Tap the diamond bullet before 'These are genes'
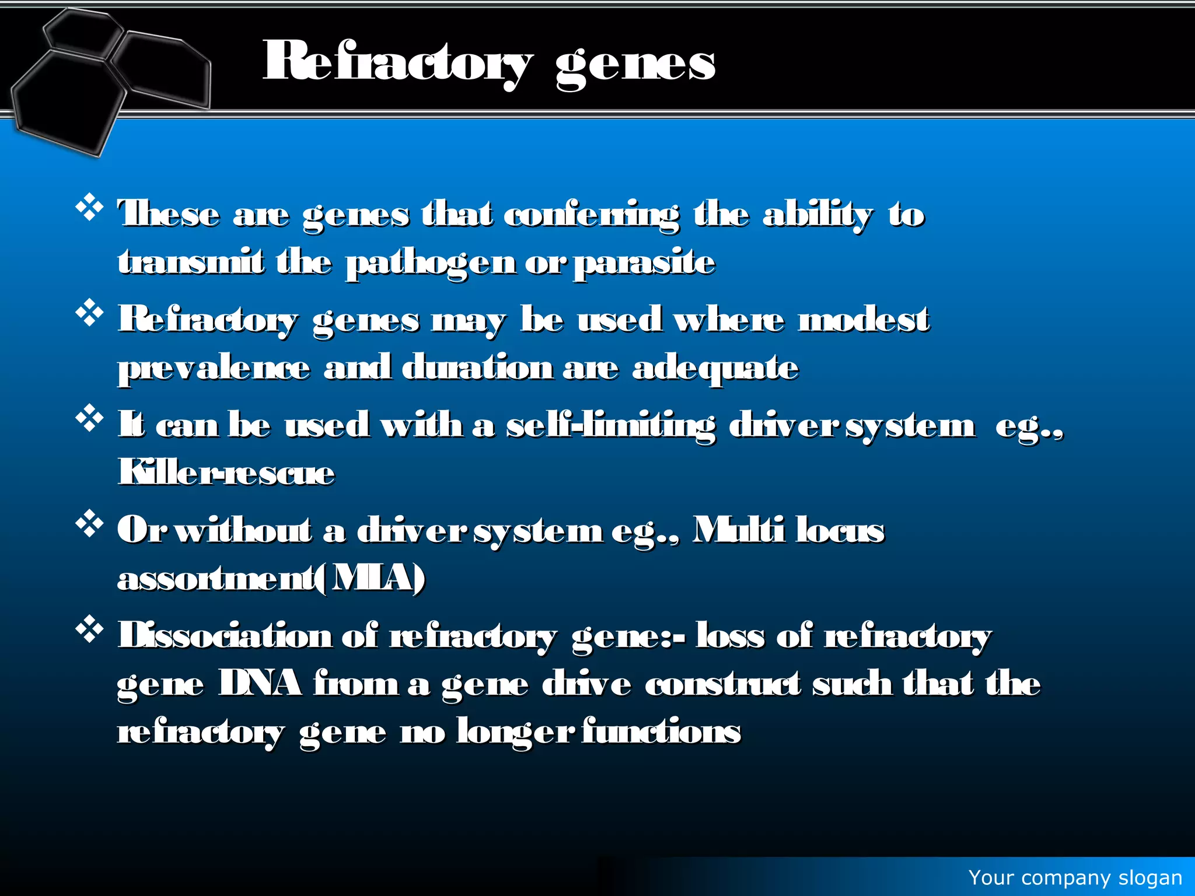pyautogui.click(x=89, y=208)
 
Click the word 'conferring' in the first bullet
pyautogui.click(x=591, y=215)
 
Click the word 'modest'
pyautogui.click(x=864, y=320)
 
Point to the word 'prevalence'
pyautogui.click(x=214, y=369)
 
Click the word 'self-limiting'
pyautogui.click(x=610, y=426)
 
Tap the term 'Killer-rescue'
pyautogui.click(x=226, y=473)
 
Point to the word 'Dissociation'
pyautogui.click(x=225, y=636)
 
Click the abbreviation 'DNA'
pyautogui.click(x=260, y=684)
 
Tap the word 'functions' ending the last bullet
pyautogui.click(x=661, y=731)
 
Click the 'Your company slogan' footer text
pyautogui.click(x=1075, y=877)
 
